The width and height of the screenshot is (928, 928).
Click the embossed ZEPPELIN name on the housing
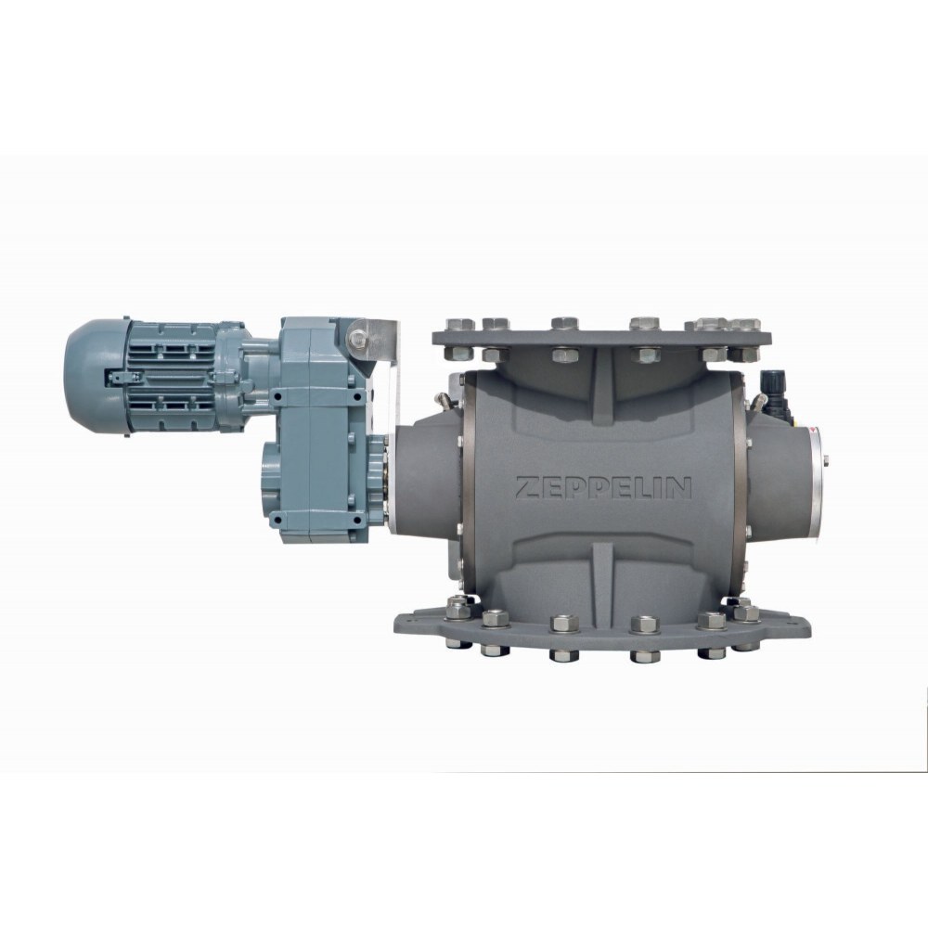(x=603, y=488)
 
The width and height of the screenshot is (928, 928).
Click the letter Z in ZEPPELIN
(x=527, y=488)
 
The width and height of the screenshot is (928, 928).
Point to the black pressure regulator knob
(x=771, y=378)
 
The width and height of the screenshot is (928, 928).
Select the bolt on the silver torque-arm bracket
(x=357, y=339)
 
